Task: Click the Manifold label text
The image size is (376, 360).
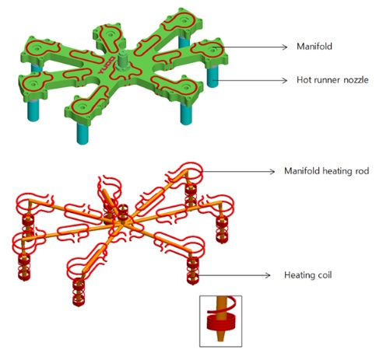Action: tap(315, 47)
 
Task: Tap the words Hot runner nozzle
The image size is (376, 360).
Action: tap(332, 80)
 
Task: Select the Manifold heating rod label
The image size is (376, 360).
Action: tap(326, 171)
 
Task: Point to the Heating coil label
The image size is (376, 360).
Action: tap(307, 275)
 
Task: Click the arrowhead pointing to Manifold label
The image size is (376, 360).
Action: tap(285, 47)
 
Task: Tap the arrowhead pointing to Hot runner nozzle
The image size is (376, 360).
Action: tap(285, 80)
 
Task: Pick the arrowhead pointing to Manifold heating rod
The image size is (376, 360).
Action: tap(272, 172)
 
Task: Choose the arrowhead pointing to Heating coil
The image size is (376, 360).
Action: tap(268, 275)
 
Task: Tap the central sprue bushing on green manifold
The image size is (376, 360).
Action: tap(123, 61)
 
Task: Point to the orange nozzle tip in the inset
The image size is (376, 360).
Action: tap(221, 336)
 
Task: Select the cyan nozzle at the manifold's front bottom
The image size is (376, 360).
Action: tap(83, 133)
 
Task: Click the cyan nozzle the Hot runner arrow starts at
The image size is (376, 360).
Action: tap(213, 76)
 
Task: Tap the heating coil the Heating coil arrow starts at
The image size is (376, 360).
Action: tap(192, 271)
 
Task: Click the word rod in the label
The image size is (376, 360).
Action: tap(362, 171)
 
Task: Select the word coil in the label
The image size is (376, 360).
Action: tap(324, 274)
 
